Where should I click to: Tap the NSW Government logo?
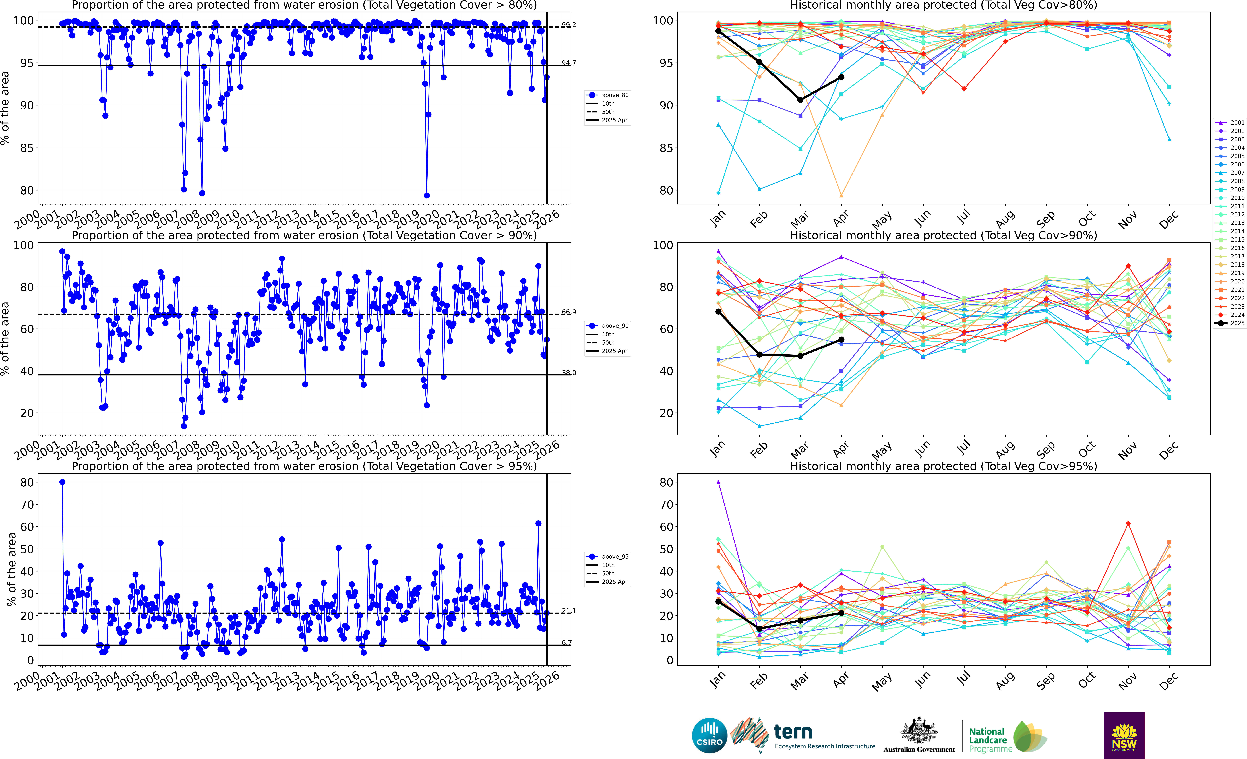[x=1124, y=735]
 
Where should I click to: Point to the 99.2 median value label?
[x=568, y=25]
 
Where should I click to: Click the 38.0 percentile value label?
[x=568, y=373]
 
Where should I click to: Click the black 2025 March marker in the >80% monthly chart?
[x=800, y=100]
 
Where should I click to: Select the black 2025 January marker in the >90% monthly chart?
[x=718, y=312]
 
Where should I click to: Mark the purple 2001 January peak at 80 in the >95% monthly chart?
[x=718, y=482]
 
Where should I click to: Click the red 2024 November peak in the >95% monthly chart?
[x=1128, y=524]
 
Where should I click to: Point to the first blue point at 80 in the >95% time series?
[x=62, y=482]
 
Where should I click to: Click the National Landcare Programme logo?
[x=1007, y=739]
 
